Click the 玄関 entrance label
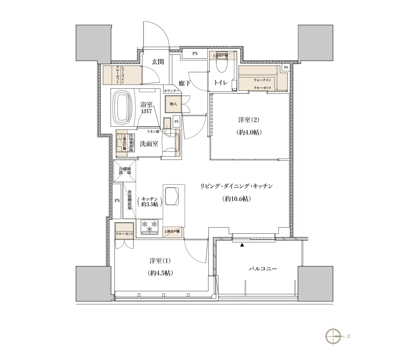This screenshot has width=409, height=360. point(157,62)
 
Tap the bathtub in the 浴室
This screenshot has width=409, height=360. point(123,108)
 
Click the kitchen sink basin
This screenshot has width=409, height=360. point(172,196)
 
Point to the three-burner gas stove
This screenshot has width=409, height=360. point(149,227)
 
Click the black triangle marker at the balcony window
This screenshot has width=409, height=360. point(242,245)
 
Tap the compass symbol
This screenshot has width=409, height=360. point(333,336)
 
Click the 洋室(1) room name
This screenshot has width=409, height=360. point(160,261)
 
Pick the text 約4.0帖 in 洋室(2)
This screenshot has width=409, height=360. point(249,132)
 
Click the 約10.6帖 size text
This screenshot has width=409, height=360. point(237,199)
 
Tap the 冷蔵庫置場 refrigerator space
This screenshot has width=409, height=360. point(125,171)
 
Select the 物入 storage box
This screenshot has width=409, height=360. point(173,104)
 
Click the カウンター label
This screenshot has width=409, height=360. point(171,91)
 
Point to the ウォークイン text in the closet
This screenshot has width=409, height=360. point(262,80)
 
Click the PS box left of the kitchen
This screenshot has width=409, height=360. point(117,201)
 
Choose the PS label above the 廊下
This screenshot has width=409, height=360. point(195,54)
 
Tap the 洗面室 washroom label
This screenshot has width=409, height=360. point(149,144)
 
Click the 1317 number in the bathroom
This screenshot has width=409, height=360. point(146,111)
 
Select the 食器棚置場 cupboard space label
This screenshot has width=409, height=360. point(130,200)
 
